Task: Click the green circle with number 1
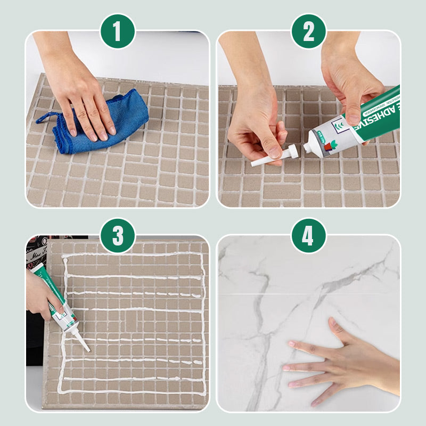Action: pyautogui.click(x=117, y=31)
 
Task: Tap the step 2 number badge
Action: pyautogui.click(x=308, y=31)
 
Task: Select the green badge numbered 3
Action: pyautogui.click(x=117, y=235)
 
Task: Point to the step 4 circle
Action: pyautogui.click(x=308, y=235)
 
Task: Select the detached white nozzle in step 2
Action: pyautogui.click(x=272, y=157)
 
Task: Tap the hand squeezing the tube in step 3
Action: pyautogui.click(x=40, y=296)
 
